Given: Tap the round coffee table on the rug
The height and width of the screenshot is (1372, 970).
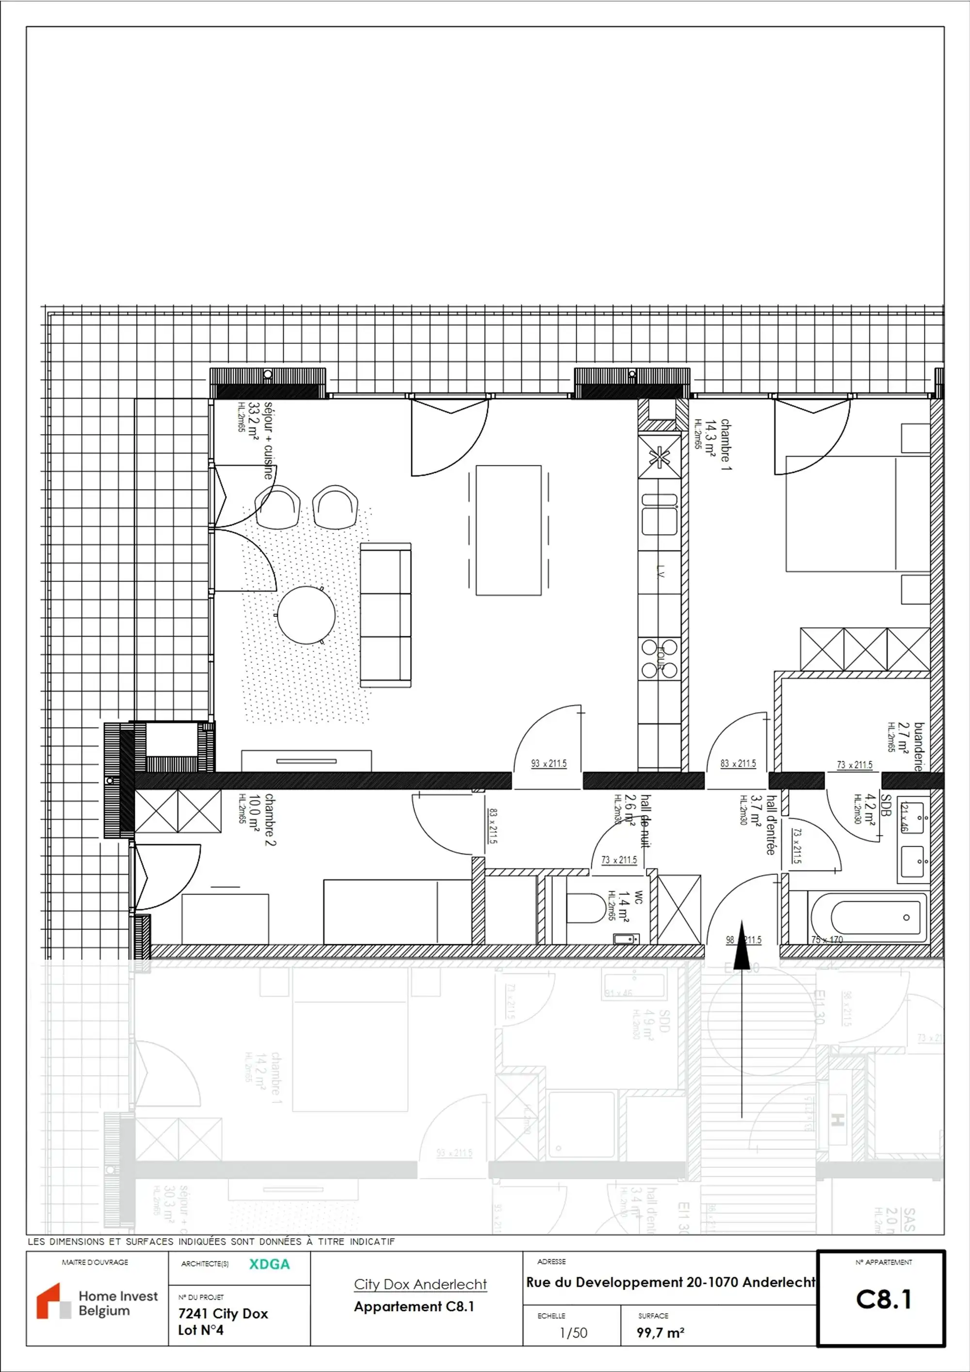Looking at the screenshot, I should click(306, 615).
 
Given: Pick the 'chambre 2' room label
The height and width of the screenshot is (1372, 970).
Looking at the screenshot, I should click(270, 819).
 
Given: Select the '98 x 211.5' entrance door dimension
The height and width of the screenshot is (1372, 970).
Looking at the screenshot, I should click(744, 940).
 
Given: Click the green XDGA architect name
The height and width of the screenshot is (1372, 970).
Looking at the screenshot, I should click(270, 1264).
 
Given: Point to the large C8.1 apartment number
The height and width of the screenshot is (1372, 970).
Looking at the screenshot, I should click(883, 1299).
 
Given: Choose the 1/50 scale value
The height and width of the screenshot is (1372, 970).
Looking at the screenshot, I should click(573, 1333).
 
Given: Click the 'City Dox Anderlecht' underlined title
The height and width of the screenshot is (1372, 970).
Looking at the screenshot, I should click(420, 1284).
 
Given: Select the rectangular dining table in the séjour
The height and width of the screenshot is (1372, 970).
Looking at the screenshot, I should click(509, 530).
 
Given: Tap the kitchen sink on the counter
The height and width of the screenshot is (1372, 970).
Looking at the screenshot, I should click(659, 515).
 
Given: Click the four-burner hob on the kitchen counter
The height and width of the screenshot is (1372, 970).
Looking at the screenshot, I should click(659, 659).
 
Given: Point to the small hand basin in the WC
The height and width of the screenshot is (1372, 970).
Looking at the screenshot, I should click(626, 939).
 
